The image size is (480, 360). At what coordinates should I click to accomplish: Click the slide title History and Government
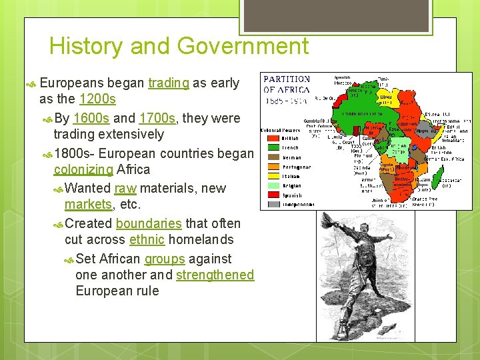point(179,47)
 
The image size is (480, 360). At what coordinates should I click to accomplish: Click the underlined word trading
point(168,83)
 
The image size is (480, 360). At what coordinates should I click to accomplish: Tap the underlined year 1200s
point(97,99)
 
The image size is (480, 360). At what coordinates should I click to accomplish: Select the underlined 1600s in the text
point(91,119)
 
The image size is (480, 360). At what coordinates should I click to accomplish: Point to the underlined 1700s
point(157,119)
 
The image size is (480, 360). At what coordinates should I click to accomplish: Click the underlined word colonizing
point(83,169)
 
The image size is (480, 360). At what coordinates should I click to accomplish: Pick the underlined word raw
point(125,189)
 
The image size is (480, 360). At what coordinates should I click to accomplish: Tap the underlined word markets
point(89,204)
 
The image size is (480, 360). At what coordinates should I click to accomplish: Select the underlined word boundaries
point(148,223)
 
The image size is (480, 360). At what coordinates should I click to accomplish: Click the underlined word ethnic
point(147,239)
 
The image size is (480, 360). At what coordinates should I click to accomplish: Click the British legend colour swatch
point(273,139)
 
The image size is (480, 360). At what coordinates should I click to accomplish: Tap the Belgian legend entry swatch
point(273,186)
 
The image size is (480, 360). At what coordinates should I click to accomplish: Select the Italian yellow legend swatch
point(273,177)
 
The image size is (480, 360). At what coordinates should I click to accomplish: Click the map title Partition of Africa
point(287,84)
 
